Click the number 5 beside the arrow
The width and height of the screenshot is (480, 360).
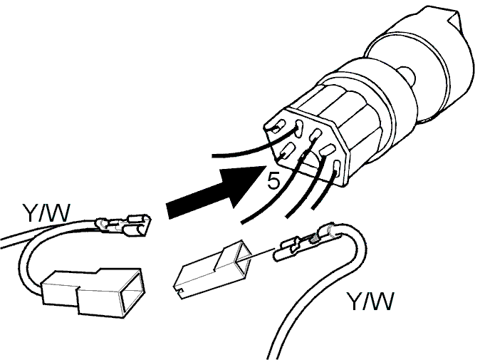tap(273, 180)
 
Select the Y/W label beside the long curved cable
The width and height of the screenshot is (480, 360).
tap(370, 302)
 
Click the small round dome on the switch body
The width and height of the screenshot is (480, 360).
tap(407, 76)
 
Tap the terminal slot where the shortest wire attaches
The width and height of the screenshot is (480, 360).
tap(337, 168)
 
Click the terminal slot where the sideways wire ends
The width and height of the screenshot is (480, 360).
tap(298, 128)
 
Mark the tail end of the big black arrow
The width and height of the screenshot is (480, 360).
tap(168, 212)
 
